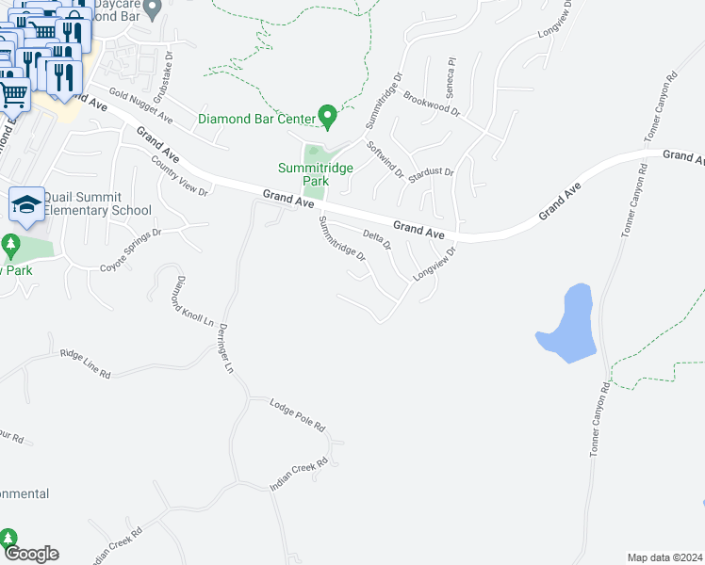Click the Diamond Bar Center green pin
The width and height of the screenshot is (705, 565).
328,118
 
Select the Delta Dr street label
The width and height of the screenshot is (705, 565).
377,238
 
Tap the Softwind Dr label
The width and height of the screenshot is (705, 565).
385,159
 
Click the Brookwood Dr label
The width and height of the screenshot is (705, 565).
431,104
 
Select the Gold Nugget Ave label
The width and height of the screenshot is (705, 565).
140,105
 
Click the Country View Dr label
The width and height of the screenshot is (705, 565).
178,175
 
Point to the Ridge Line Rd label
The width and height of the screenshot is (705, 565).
85,363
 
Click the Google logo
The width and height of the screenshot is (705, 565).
31,554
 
